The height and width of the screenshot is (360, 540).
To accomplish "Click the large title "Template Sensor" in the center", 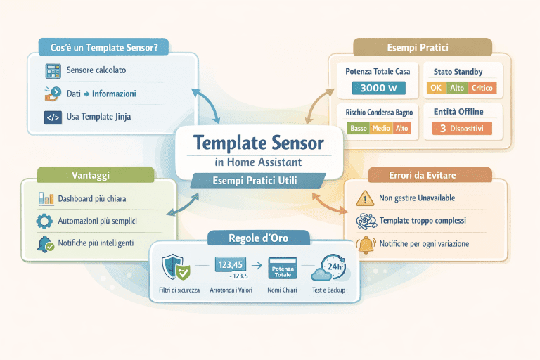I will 258,143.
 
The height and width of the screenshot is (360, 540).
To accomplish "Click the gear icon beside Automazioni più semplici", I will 44,221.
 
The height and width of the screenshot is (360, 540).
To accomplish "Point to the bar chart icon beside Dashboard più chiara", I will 45,199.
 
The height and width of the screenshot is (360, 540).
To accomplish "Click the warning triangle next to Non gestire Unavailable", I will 365,198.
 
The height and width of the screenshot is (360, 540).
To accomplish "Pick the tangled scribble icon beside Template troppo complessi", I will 366,221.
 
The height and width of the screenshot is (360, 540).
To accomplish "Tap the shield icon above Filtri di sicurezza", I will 174,267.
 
